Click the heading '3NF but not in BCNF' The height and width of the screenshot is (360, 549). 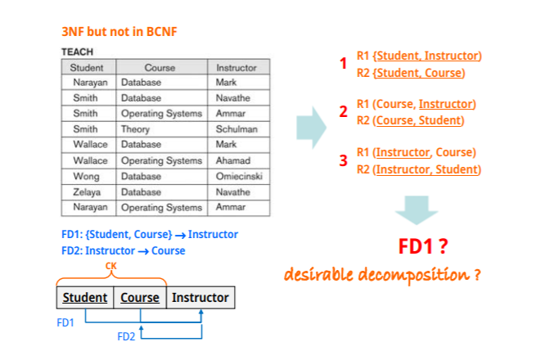tap(119, 32)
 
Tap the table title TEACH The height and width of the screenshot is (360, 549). tap(78, 52)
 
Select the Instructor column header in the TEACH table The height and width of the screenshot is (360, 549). tap(236, 67)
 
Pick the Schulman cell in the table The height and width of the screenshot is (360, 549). tap(236, 129)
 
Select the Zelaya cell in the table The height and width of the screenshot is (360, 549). tap(88, 191)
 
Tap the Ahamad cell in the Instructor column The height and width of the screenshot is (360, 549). tap(235, 160)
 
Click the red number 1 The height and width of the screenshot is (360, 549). tap(344, 64)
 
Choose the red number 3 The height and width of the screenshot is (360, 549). tap(344, 160)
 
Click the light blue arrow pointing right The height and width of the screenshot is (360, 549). tap(311, 127)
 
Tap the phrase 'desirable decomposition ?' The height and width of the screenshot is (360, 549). tap(382, 272)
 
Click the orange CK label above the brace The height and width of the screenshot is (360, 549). tap(111, 266)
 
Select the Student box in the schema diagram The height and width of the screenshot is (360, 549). tap(85, 297)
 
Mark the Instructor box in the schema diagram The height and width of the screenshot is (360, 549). tap(200, 297)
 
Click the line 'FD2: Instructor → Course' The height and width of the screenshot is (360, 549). tap(123, 250)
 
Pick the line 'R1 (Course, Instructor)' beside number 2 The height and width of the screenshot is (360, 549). tap(416, 104)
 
